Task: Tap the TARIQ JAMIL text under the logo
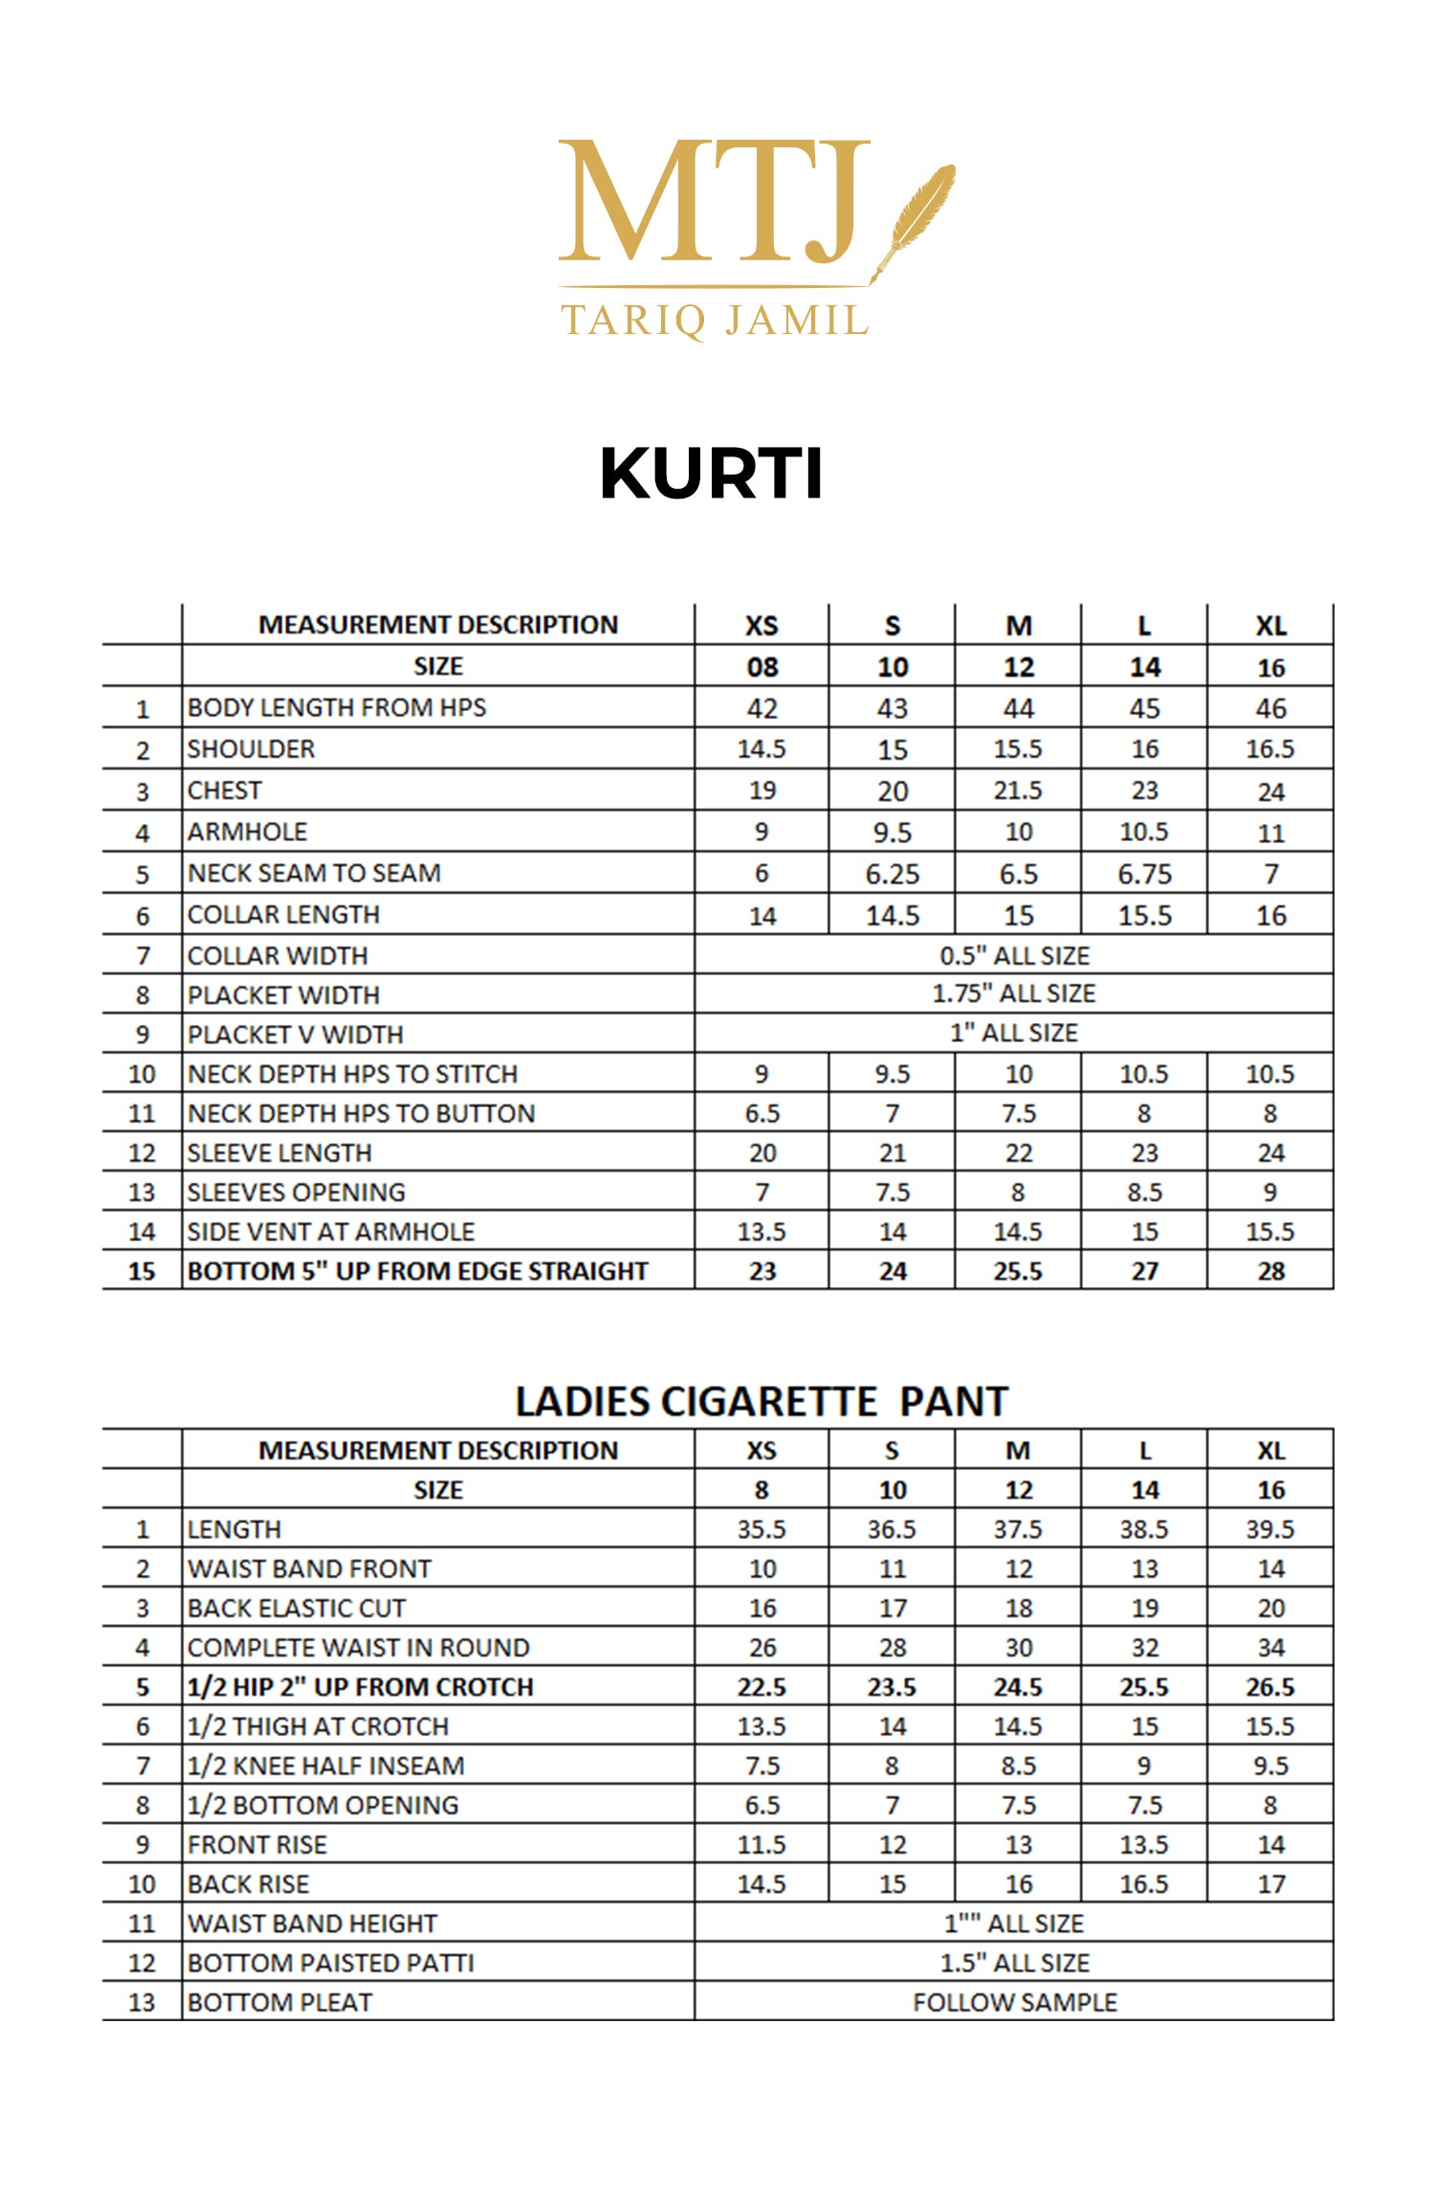[715, 320]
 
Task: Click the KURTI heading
[711, 474]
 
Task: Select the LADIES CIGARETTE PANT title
[762, 1402]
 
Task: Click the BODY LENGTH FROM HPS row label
[337, 708]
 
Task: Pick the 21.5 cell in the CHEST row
[1018, 791]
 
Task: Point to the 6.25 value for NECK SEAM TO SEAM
[892, 875]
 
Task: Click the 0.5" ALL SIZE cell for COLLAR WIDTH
[1014, 956]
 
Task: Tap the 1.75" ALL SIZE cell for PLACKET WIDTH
[1014, 994]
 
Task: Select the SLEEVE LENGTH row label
[279, 1153]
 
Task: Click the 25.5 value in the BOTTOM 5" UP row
[1018, 1272]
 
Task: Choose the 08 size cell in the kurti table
[762, 667]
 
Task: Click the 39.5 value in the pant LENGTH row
[1269, 1529]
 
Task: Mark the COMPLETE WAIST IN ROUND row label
[359, 1648]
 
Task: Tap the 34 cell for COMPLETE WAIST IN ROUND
[1270, 1648]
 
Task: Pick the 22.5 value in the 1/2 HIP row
[762, 1687]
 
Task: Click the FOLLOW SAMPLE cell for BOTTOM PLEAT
[1014, 2002]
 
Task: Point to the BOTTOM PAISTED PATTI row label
[331, 1963]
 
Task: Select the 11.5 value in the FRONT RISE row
[762, 1844]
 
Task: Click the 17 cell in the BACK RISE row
[1270, 1884]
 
